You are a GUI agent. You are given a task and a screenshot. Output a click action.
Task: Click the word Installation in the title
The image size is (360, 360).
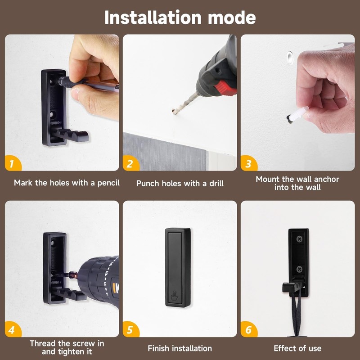coord(153,18)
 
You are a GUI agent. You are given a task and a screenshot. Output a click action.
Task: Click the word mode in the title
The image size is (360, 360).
coord(232,18)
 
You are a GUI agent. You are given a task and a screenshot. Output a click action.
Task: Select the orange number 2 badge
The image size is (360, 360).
coord(130,163)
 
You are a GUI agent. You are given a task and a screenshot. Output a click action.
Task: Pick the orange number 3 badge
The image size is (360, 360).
coord(248,163)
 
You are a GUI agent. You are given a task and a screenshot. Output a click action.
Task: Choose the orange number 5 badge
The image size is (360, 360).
coord(130,329)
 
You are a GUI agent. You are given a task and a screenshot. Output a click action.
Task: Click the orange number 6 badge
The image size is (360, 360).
coord(248,329)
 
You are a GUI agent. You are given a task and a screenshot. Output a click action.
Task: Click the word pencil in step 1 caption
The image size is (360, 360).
coord(108,183)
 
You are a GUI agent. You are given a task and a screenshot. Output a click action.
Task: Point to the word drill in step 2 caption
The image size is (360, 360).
coord(216,184)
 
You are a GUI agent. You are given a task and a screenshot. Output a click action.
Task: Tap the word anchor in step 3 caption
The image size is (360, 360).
coord(326,179)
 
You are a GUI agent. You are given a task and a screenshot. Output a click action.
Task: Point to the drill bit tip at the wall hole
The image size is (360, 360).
coord(173,111)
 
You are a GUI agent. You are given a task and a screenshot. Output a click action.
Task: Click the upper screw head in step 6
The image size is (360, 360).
coord(300,239)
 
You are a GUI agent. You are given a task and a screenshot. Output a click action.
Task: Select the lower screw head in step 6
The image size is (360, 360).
coord(299,269)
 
